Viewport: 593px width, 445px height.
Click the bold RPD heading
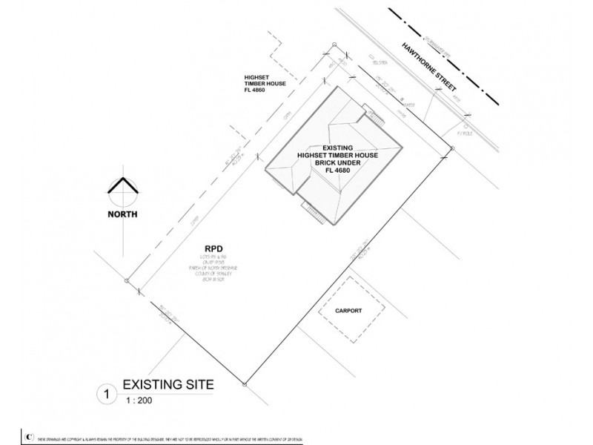[x=216, y=249]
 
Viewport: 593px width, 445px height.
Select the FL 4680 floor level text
[x=337, y=171]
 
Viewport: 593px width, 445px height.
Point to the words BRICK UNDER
[x=337, y=162]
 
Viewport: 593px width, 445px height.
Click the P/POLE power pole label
[x=464, y=133]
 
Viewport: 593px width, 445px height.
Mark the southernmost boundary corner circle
[x=245, y=384]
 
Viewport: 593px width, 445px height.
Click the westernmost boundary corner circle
[x=127, y=281]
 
